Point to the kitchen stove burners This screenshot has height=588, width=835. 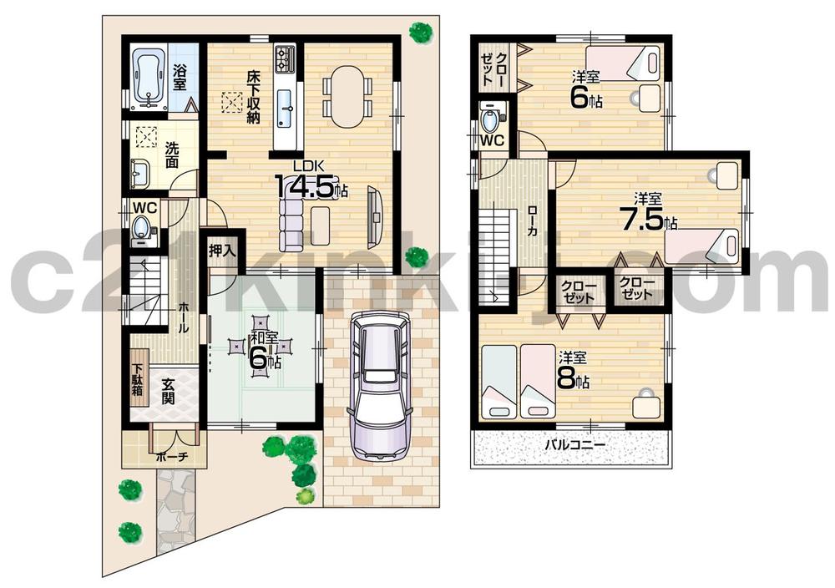(x=286, y=57)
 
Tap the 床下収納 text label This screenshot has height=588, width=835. (x=253, y=98)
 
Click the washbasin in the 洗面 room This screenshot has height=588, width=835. (x=139, y=175)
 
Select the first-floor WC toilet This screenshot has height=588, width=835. (x=142, y=227)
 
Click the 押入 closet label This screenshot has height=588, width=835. (x=222, y=248)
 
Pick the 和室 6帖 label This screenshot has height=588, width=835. (x=265, y=351)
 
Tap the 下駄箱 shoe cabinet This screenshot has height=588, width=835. (x=138, y=381)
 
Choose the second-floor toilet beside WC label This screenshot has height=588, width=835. (x=491, y=119)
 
